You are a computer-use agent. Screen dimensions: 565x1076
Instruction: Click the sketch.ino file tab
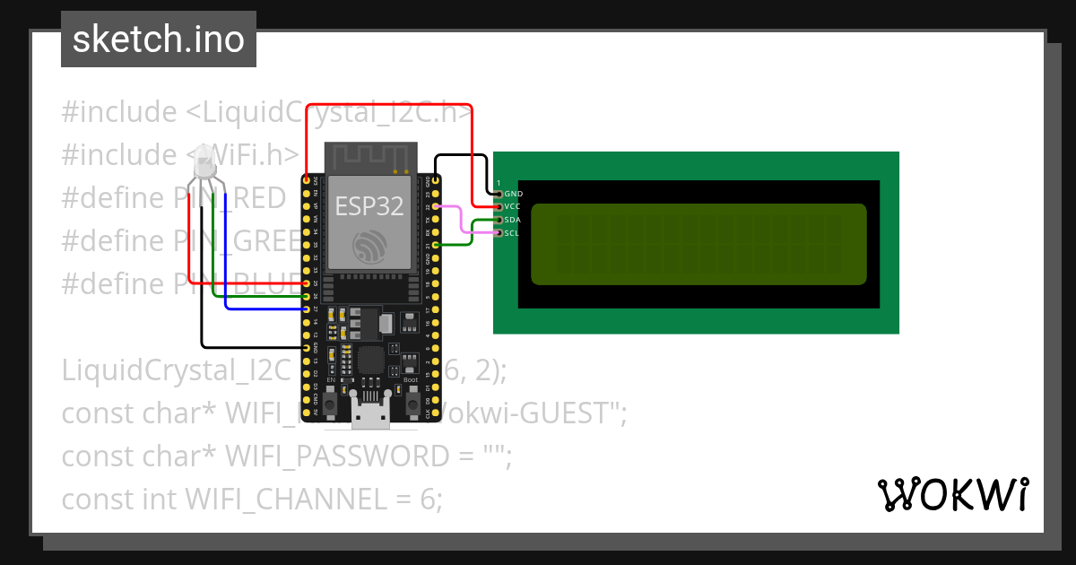click(x=158, y=39)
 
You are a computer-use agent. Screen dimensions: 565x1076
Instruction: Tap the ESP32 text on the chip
click(x=369, y=206)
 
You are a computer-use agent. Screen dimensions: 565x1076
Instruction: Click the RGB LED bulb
click(x=204, y=161)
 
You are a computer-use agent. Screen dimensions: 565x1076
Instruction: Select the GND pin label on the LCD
click(x=513, y=194)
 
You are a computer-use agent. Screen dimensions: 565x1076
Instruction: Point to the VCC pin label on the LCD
click(x=513, y=206)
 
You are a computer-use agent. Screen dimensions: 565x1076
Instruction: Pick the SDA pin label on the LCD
click(x=513, y=220)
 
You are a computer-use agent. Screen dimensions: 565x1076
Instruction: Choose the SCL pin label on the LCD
click(x=512, y=233)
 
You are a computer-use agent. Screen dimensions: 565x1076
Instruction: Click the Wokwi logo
click(x=951, y=495)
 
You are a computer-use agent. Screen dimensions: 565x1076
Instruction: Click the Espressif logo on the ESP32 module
click(x=369, y=245)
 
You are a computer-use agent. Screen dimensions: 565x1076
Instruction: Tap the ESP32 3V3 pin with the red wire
click(x=308, y=180)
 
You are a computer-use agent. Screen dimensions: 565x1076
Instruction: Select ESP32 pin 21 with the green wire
click(x=436, y=244)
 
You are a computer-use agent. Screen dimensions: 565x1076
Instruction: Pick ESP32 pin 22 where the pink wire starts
click(x=436, y=206)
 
